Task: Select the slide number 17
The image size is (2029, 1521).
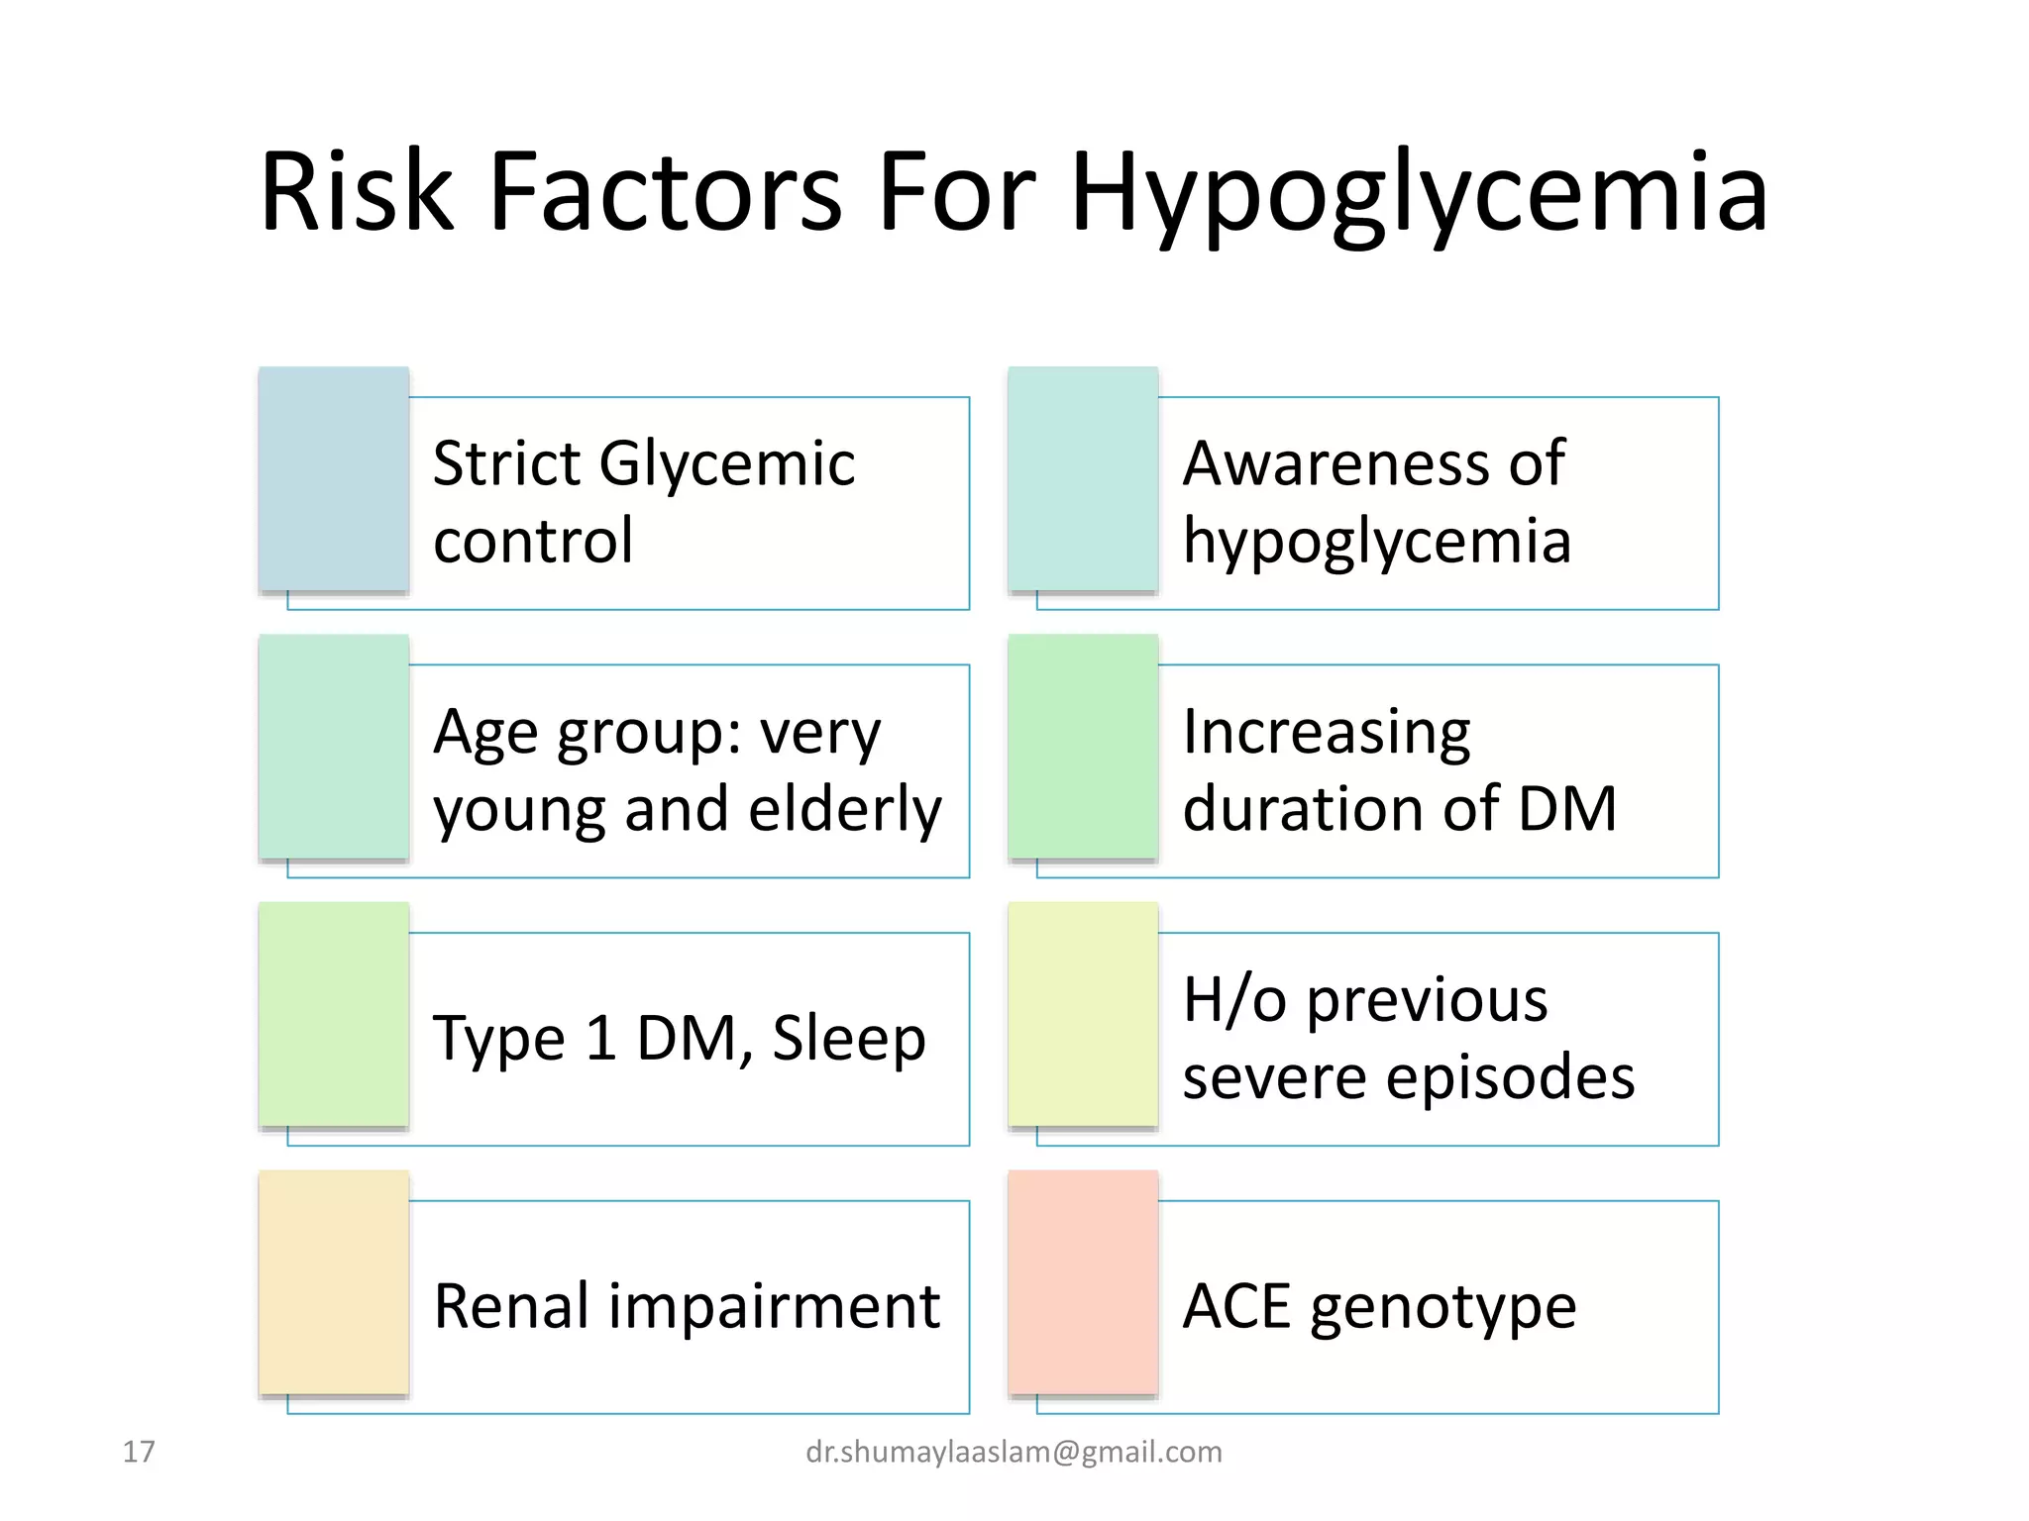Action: point(139,1452)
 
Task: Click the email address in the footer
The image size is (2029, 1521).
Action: point(1014,1452)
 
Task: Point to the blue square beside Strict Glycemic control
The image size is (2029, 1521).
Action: point(334,479)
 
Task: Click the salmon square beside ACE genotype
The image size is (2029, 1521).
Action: point(1083,1282)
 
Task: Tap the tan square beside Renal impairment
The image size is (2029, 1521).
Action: point(334,1282)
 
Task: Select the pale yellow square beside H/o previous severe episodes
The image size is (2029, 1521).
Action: point(1083,1014)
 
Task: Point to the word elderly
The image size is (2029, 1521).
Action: point(844,809)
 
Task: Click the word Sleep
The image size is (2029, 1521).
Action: point(848,1038)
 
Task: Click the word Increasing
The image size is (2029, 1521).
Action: point(1327,733)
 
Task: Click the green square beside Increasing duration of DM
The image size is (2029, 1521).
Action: point(1083,747)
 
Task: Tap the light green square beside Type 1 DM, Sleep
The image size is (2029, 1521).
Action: point(334,1014)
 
